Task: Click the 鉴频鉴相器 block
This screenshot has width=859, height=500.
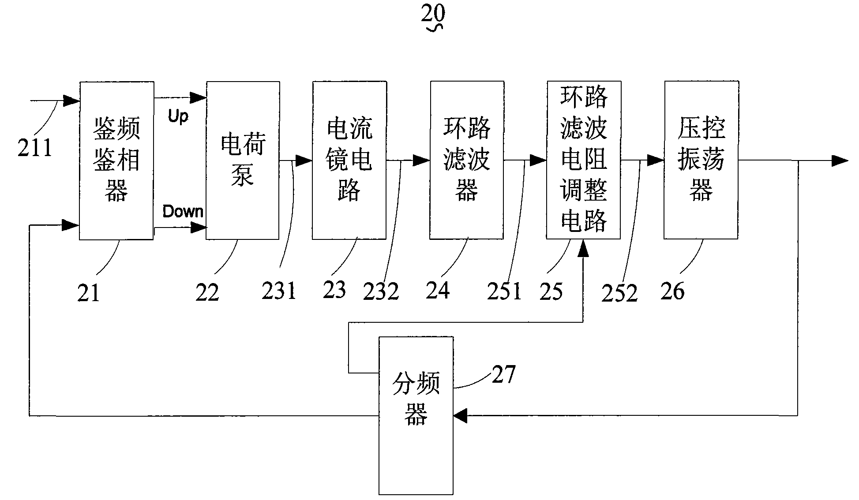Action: [116, 160]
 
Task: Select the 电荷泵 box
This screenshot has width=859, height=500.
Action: [243, 160]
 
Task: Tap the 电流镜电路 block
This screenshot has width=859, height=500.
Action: [349, 160]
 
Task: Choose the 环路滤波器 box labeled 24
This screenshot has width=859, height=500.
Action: [467, 160]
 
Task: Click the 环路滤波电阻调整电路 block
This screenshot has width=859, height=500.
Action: [584, 160]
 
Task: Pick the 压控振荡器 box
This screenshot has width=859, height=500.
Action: [701, 160]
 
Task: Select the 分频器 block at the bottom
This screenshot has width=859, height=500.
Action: [416, 415]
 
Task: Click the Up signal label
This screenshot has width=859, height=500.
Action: [178, 116]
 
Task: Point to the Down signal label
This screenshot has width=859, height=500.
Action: [183, 212]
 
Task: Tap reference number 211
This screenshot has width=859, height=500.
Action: [35, 147]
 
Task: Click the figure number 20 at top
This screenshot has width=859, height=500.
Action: [433, 14]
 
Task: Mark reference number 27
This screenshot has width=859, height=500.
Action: [503, 375]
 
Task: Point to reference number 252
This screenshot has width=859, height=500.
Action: [619, 293]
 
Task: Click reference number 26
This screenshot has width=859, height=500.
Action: [672, 291]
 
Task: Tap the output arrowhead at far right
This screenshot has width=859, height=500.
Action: [840, 160]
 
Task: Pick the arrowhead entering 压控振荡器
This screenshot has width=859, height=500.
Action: [656, 160]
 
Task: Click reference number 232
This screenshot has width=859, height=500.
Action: [381, 291]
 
